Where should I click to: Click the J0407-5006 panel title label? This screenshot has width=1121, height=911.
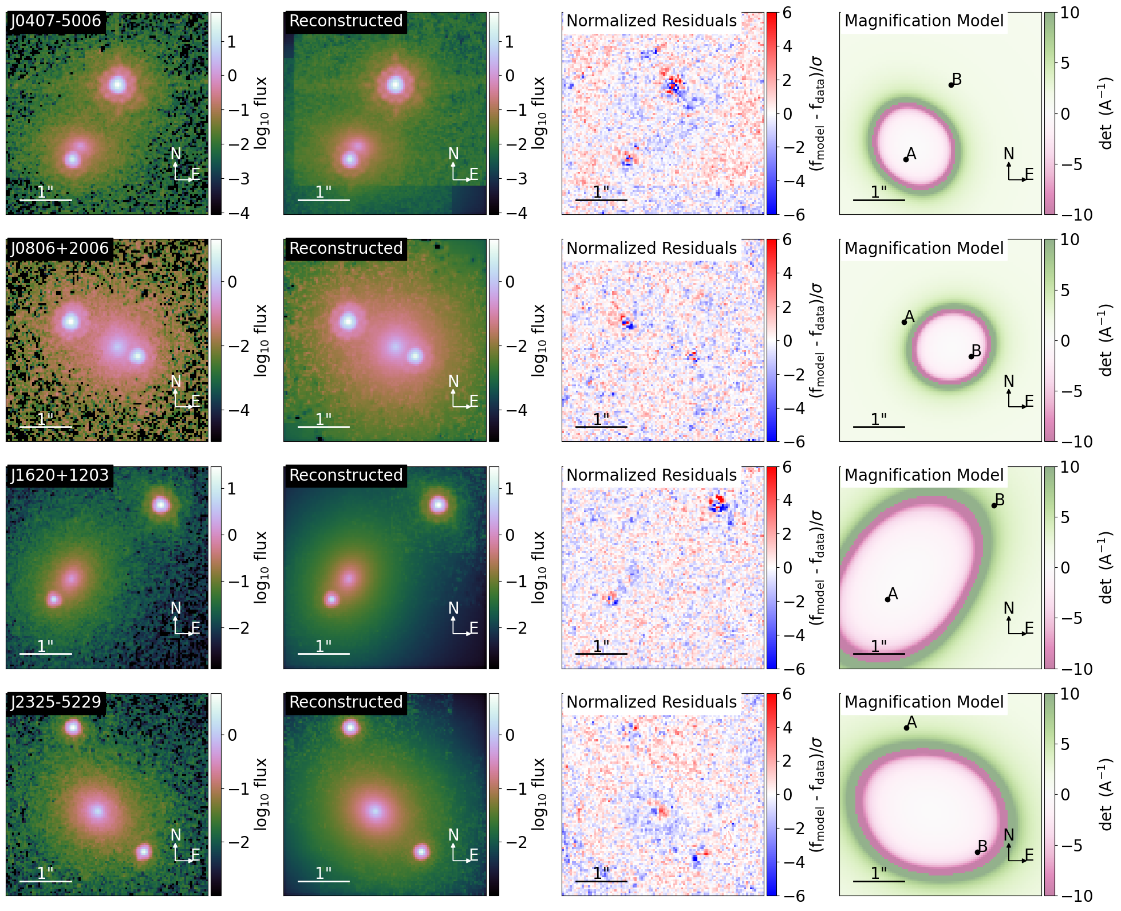(56, 21)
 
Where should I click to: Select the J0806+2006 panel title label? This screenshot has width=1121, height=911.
(60, 249)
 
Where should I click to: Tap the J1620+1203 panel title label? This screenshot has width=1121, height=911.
(60, 476)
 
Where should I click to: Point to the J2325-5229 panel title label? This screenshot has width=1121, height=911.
(56, 702)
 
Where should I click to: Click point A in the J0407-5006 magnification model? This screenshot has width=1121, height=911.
(906, 159)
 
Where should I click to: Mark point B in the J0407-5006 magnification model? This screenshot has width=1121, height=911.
(951, 85)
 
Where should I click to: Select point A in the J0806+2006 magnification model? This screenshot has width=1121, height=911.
(904, 322)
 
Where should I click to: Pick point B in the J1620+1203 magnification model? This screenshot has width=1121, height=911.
(994, 505)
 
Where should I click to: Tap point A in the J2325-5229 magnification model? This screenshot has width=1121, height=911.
(906, 728)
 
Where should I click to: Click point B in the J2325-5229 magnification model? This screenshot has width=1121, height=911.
(977, 852)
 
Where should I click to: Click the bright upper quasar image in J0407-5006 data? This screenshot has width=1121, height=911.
(118, 85)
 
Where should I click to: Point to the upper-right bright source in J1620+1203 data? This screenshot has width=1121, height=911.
(161, 505)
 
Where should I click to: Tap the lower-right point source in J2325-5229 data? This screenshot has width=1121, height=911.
(143, 852)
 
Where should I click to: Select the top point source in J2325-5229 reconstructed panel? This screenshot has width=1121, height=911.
(350, 728)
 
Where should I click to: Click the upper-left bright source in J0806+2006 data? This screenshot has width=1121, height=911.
(70, 321)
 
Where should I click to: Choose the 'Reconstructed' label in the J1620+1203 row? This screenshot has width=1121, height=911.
(346, 476)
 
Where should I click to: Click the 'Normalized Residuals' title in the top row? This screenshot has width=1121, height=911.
(652, 21)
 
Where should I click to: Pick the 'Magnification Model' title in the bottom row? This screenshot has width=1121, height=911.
(924, 702)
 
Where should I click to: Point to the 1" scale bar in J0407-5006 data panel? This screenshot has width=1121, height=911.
(46, 200)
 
